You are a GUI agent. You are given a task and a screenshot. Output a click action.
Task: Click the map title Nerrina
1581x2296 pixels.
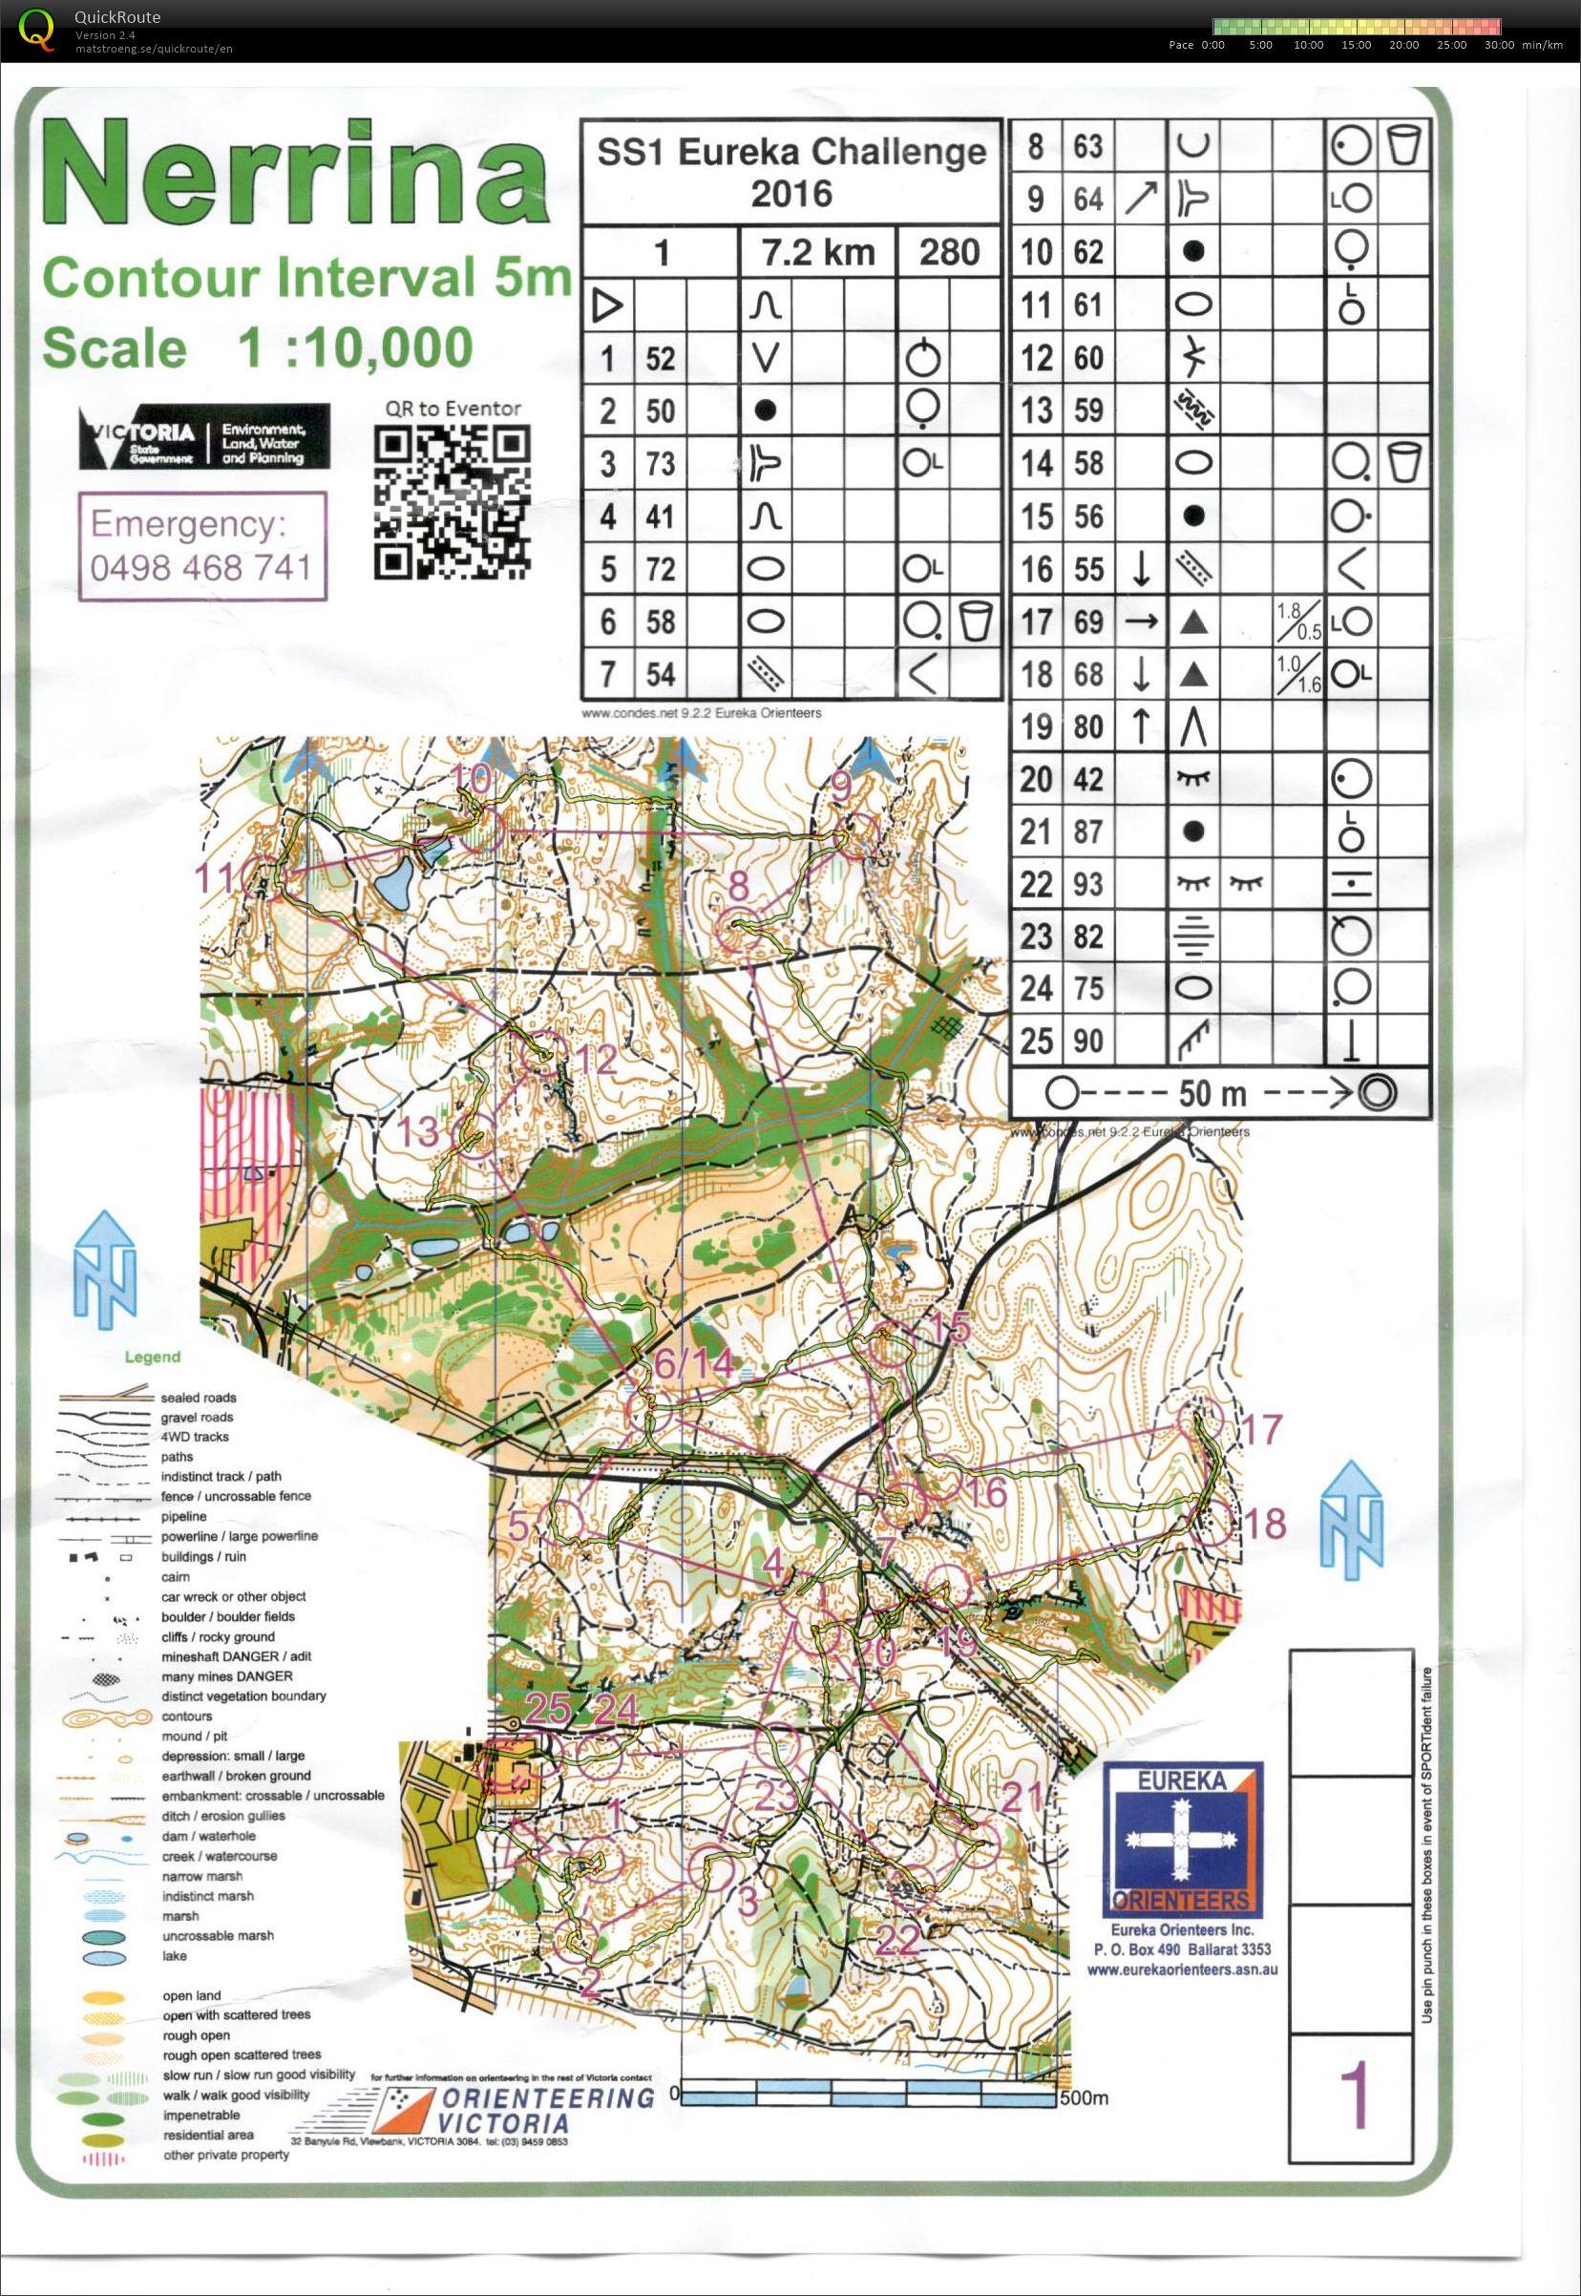click(x=295, y=175)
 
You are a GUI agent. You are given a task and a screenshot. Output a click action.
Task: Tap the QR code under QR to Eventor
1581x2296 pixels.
click(x=452, y=502)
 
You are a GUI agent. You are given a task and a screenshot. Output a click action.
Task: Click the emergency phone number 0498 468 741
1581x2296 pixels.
click(x=201, y=568)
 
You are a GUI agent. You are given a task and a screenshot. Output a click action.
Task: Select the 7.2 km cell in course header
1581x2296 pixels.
click(x=817, y=252)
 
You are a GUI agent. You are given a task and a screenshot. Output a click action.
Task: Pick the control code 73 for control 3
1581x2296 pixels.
click(x=660, y=464)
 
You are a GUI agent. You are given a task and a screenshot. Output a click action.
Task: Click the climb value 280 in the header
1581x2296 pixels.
click(x=948, y=252)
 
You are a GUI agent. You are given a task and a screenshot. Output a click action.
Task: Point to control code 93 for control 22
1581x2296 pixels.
click(x=1087, y=883)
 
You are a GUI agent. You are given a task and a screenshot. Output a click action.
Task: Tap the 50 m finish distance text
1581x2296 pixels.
click(x=1212, y=1093)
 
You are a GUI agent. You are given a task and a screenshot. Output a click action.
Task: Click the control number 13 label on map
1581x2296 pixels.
click(x=417, y=1131)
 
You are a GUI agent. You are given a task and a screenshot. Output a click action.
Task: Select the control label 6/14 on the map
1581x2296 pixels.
click(x=693, y=1364)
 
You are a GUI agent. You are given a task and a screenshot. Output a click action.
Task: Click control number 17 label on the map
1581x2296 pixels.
click(x=1261, y=1429)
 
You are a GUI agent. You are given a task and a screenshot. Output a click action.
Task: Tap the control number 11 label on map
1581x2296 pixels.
click(x=216, y=877)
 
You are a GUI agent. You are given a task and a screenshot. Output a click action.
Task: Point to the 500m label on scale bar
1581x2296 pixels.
click(x=1084, y=2096)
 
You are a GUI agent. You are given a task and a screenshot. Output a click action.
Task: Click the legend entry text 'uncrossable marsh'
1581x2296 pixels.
click(x=218, y=1935)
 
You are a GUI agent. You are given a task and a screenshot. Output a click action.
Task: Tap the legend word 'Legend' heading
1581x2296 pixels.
click(x=153, y=1357)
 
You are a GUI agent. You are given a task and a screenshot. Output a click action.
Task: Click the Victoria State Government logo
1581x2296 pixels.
click(x=204, y=437)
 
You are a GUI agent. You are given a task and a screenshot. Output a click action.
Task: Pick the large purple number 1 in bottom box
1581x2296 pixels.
click(x=1352, y=2096)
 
